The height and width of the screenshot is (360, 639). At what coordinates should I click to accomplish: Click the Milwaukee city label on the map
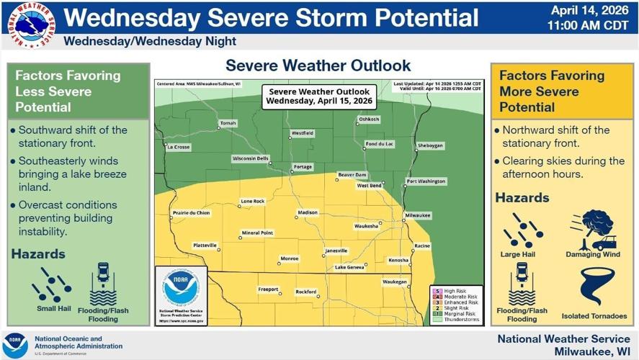tap(417, 215)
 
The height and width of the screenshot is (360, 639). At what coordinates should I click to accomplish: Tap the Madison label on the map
tap(307, 214)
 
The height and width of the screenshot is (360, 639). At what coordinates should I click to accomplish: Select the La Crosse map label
tap(178, 147)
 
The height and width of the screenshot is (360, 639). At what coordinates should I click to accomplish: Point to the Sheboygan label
tap(430, 145)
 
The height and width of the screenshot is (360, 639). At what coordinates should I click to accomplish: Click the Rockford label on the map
tap(305, 292)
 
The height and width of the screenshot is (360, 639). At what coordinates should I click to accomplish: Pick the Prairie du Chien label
tap(192, 213)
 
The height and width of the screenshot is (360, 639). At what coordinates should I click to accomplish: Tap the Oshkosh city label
tap(368, 119)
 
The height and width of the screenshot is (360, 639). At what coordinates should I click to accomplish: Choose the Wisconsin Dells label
tap(250, 158)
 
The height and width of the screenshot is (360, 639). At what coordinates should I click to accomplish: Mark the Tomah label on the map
tap(228, 123)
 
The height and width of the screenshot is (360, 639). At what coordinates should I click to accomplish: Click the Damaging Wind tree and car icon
tap(594, 229)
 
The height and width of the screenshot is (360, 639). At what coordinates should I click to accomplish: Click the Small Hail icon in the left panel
tap(51, 285)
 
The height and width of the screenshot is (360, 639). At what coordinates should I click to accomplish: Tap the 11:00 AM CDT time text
tap(588, 26)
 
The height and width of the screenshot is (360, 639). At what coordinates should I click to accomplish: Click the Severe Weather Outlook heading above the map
tap(318, 66)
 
